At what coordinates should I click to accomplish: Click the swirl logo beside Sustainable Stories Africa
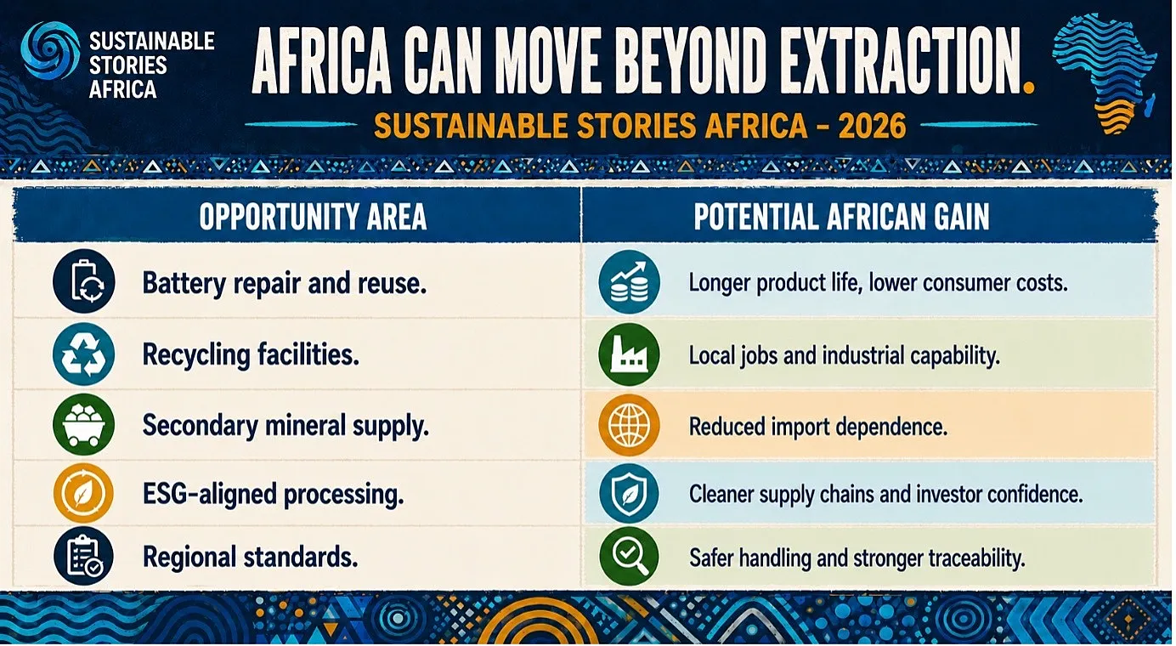[51, 50]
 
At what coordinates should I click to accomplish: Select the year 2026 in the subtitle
[872, 126]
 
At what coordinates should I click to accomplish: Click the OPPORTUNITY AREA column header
[313, 216]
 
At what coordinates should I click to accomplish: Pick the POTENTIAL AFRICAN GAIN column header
[841, 216]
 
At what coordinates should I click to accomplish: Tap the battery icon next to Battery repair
[84, 281]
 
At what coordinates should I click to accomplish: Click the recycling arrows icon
[84, 354]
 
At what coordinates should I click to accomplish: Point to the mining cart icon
[84, 424]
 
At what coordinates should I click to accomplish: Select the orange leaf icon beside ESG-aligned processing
[83, 493]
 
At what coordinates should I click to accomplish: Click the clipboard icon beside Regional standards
[84, 556]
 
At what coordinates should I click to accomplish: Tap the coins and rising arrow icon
[629, 282]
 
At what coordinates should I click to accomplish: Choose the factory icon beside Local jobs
[629, 354]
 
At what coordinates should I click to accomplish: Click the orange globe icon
[629, 425]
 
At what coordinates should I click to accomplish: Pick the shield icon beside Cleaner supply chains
[629, 493]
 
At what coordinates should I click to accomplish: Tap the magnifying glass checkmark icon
[629, 557]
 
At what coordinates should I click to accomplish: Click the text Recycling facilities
[251, 355]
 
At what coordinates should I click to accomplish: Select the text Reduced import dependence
[818, 427]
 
